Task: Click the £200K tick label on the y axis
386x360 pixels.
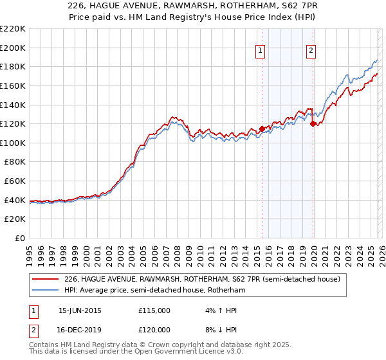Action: (x=13, y=48)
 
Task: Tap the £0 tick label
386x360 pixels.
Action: (x=20, y=238)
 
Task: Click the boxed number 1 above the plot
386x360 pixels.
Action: (x=261, y=51)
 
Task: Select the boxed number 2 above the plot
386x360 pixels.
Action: (x=311, y=51)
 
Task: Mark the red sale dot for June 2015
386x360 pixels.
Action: (x=262, y=129)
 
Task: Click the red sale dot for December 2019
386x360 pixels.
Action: (x=313, y=123)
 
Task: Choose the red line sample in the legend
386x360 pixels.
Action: (x=46, y=280)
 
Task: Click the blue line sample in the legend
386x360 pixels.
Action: (x=46, y=291)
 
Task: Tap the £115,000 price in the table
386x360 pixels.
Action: (x=154, y=310)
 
